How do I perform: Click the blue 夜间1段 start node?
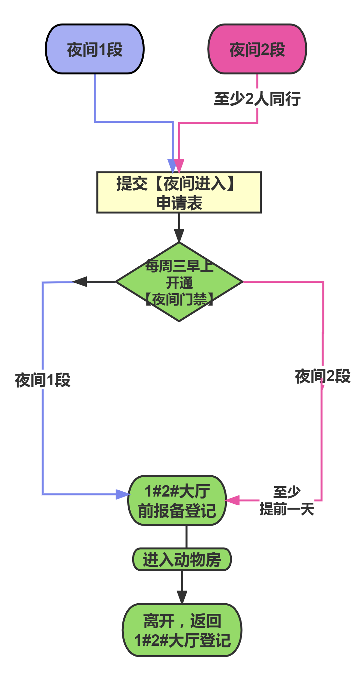tap(95, 49)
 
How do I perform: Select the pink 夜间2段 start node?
tap(257, 49)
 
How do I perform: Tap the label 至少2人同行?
tap(257, 98)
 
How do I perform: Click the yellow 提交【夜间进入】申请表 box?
tap(179, 193)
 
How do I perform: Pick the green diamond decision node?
tap(179, 282)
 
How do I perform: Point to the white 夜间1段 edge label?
tap(43, 379)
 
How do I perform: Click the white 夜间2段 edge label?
tap(323, 376)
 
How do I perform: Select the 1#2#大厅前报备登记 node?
tap(177, 500)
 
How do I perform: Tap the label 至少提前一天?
tap(287, 500)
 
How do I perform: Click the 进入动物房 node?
tap(182, 559)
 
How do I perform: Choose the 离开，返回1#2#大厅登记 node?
tap(182, 630)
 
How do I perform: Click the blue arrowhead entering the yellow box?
tap(172, 165)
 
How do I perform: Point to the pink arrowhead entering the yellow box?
tap(179, 165)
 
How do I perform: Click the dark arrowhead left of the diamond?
tap(80, 281)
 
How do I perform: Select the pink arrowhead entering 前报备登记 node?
tap(232, 500)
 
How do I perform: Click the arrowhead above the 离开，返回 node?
tap(182, 597)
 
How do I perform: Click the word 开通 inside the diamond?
tap(179, 283)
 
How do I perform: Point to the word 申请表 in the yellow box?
tap(179, 203)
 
